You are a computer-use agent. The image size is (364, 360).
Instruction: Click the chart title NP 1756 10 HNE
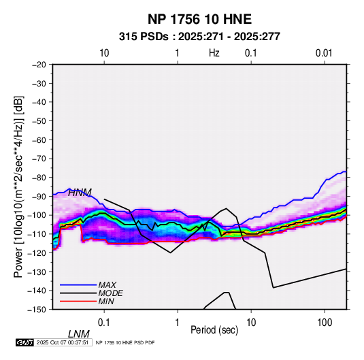(199, 19)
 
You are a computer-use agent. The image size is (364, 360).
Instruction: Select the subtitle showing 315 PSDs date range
(199, 37)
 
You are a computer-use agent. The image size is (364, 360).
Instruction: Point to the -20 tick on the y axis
(39, 65)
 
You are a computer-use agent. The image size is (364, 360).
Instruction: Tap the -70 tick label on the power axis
(39, 159)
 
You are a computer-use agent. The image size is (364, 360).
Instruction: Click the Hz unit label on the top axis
(214, 53)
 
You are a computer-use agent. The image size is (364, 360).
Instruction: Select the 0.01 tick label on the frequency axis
(324, 53)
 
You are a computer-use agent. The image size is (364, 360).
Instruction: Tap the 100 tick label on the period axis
(325, 323)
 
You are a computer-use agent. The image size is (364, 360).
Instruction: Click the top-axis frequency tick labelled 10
(104, 53)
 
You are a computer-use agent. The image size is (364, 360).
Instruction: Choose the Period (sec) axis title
(214, 330)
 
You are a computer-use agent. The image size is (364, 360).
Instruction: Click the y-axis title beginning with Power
(18, 187)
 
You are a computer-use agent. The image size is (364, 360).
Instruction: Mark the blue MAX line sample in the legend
(78, 284)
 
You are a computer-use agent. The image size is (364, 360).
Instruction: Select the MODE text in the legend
(110, 293)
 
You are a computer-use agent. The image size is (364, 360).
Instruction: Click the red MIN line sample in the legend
(78, 301)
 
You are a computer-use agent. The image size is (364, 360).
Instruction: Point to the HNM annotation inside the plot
(80, 193)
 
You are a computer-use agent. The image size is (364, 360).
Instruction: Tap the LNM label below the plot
(79, 334)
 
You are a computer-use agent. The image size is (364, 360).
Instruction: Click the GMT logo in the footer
(24, 342)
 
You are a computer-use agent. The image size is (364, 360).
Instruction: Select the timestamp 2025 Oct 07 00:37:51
(63, 342)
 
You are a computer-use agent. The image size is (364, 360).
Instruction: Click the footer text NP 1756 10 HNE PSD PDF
(125, 342)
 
